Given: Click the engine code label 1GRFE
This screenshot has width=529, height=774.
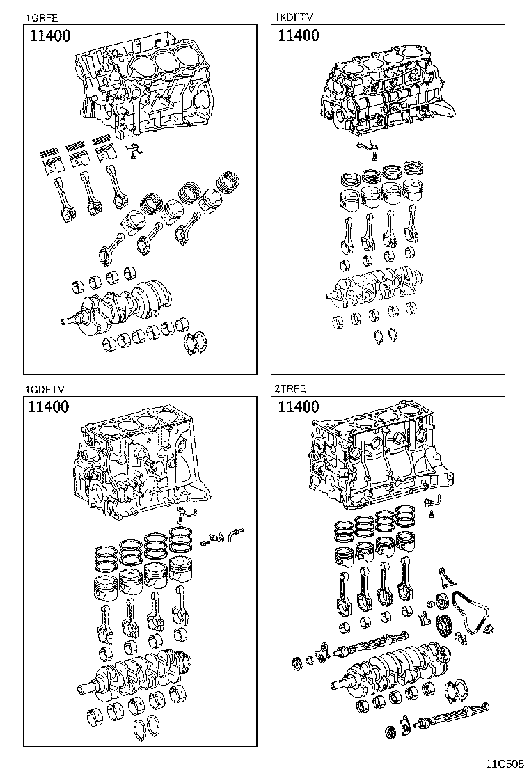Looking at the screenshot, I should click(x=40, y=18).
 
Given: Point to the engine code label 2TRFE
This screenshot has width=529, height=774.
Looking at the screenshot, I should click(x=290, y=390).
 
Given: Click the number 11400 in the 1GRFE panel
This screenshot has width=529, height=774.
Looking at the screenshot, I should click(x=49, y=36).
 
